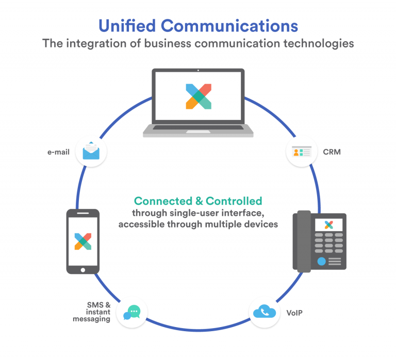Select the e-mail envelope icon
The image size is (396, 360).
click(x=91, y=150)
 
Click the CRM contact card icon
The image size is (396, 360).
click(x=301, y=151)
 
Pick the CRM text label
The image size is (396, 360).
click(x=332, y=152)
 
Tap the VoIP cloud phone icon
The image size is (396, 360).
click(x=265, y=312)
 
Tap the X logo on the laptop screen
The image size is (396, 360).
click(x=198, y=96)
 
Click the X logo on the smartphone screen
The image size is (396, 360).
click(x=82, y=241)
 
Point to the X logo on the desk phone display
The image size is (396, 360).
click(x=328, y=225)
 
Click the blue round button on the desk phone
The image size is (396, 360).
click(x=321, y=261)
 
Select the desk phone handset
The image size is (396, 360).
click(x=302, y=242)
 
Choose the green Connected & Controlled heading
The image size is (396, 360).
click(x=198, y=201)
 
